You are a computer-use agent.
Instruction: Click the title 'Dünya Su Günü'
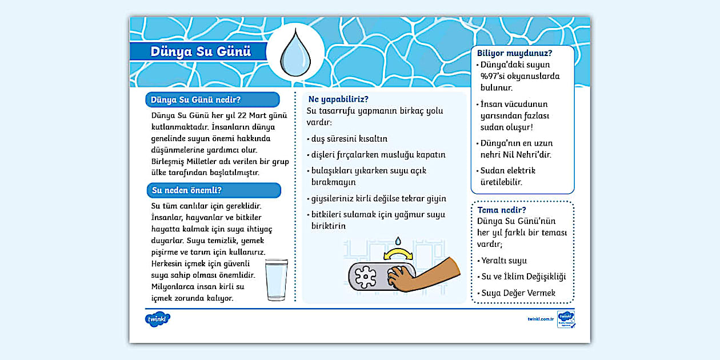201,51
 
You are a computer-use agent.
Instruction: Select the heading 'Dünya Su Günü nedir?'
195,100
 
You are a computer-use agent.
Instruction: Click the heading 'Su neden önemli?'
186,190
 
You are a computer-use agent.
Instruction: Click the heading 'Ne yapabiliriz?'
338,99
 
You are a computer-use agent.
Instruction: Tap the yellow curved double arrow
399,253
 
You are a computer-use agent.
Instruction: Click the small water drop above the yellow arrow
399,239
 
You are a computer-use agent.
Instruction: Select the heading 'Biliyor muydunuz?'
514,53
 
